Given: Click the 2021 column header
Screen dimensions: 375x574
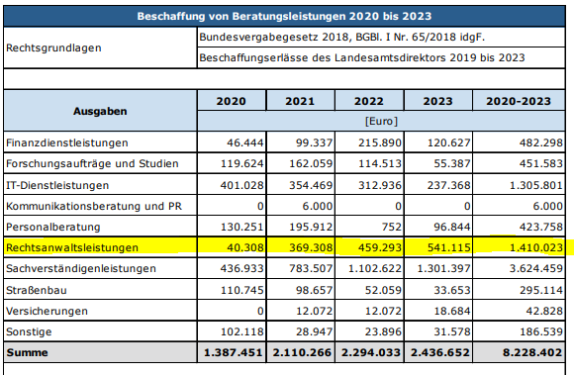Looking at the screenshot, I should click(299, 101).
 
